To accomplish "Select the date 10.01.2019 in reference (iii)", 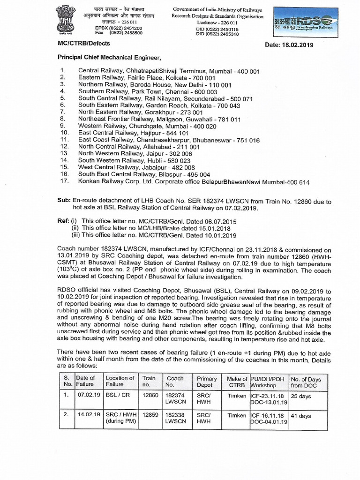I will point(220,235).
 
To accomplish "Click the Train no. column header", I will point(150,381).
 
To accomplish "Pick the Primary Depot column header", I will point(207,381).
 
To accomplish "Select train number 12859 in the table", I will point(150,416).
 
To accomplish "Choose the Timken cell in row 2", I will point(236,416).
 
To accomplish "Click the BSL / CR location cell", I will point(116,396).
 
